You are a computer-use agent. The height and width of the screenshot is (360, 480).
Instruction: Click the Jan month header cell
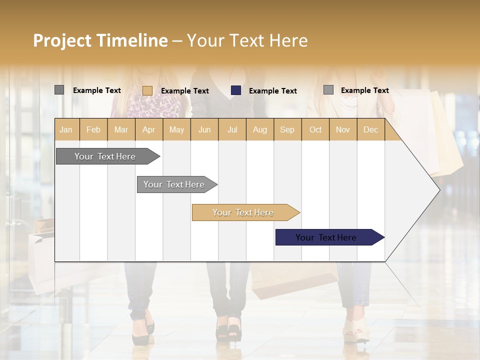[x=66, y=129]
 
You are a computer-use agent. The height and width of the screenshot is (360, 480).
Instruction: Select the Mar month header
[x=121, y=129]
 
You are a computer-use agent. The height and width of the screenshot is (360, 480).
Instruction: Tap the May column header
[x=176, y=129]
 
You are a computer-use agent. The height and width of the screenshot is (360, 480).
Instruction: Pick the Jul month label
[x=232, y=129]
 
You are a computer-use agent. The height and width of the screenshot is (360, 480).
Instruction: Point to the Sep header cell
[x=287, y=129]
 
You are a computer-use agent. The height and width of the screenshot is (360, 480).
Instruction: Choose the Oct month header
[x=315, y=129]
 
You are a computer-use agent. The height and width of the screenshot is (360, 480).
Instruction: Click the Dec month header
[x=370, y=129]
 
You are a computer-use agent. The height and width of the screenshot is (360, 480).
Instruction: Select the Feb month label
[x=93, y=129]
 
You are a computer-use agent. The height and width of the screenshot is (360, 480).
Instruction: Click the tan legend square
[x=147, y=90]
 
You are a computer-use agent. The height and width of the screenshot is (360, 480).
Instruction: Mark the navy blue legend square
[x=236, y=90]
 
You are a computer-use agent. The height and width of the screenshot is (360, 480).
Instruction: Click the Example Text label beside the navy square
[x=273, y=91]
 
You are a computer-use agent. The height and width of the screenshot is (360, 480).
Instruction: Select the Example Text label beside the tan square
[x=185, y=91]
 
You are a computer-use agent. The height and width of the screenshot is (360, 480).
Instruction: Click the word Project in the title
[x=62, y=40]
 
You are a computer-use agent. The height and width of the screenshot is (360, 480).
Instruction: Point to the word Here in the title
[x=288, y=40]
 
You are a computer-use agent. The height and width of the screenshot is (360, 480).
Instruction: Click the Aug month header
[x=259, y=129]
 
